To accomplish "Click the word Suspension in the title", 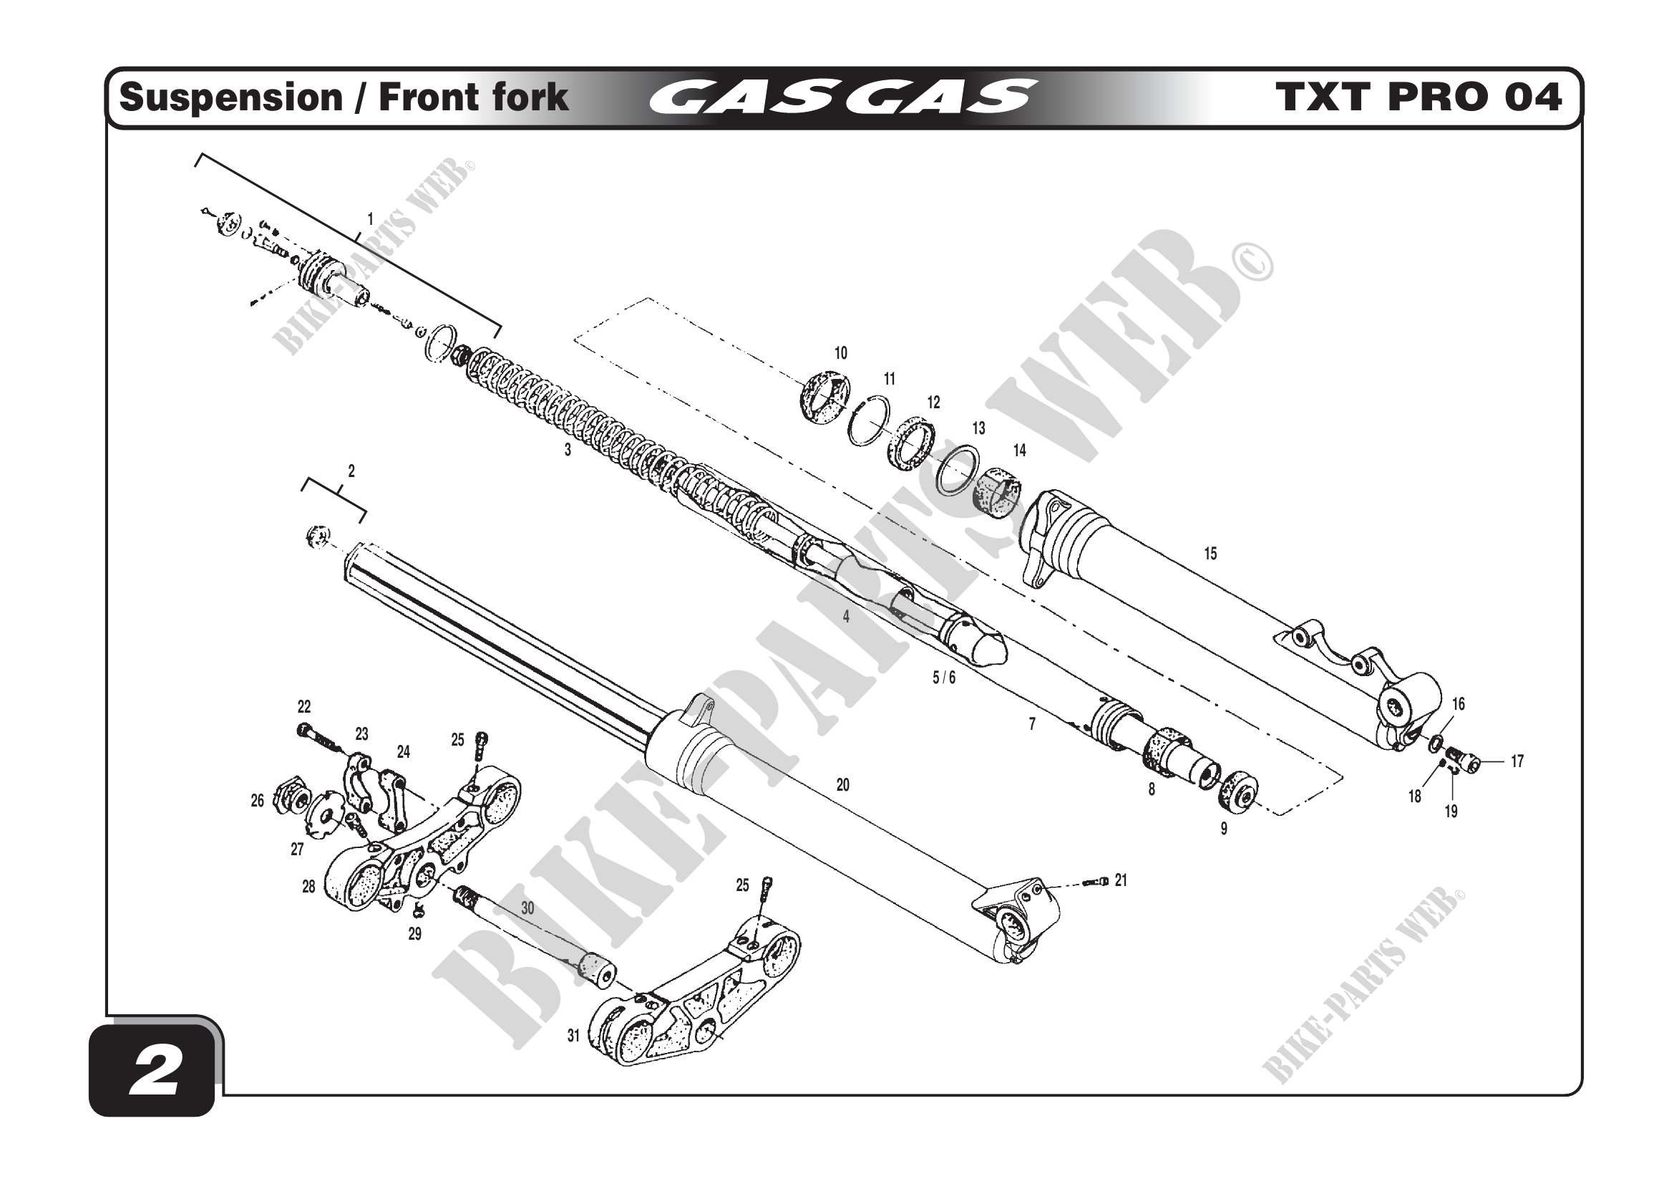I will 230,97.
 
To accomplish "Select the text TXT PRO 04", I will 1418,97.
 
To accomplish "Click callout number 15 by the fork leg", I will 1210,554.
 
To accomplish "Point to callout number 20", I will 843,786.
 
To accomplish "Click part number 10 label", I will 841,354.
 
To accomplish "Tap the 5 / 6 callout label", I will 943,678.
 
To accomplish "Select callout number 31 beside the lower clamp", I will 574,1036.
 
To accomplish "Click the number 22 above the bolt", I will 304,707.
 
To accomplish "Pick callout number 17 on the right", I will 1517,761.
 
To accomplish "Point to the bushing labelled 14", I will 997,491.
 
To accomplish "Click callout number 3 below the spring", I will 568,451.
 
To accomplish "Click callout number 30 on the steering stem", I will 528,908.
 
